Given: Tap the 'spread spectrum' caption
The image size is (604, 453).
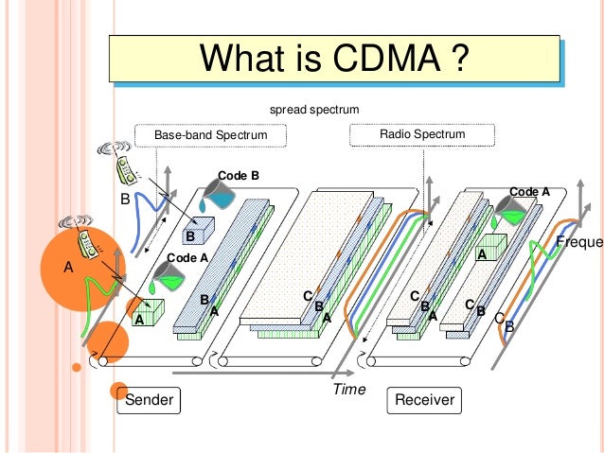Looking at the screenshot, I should [314, 110].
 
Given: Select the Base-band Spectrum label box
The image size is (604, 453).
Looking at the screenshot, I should [210, 135].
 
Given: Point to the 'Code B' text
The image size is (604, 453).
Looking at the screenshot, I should [238, 176].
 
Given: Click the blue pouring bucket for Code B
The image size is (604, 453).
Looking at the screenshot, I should [220, 196].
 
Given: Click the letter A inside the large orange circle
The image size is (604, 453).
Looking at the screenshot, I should [67, 268].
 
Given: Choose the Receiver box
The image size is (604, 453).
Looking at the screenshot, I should [424, 400].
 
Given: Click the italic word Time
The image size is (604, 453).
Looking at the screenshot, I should [349, 389].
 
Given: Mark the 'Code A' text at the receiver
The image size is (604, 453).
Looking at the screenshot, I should [529, 192].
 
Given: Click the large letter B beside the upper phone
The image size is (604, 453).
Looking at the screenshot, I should [123, 200].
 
